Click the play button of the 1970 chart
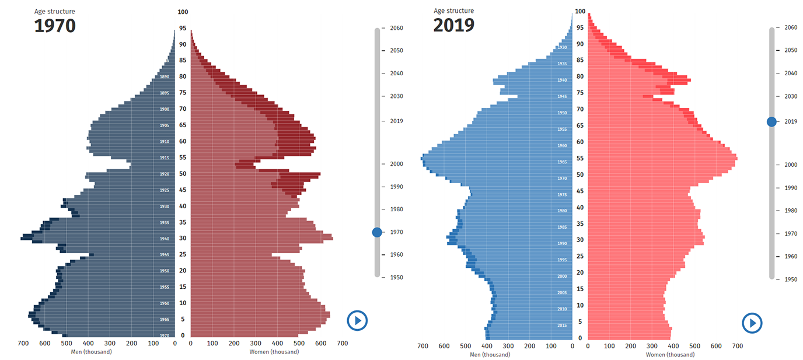tap(357, 320)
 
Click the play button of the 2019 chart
tap(752, 323)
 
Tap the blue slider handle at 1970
tap(377, 232)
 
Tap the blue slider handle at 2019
tap(771, 121)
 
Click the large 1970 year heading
tap(55, 26)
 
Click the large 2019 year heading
tap(453, 26)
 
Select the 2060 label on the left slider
tap(397, 28)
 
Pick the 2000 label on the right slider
tap(791, 165)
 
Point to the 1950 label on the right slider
tap(791, 279)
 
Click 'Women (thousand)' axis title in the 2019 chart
tap(670, 355)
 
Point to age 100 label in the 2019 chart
tap(580, 11)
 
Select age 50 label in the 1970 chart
tap(183, 174)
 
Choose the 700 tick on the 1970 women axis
tap(342, 344)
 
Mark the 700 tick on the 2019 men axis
tap(423, 346)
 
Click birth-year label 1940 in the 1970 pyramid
tap(164, 239)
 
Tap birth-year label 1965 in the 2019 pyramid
tap(562, 162)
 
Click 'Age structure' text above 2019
tap(453, 11)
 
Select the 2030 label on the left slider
tap(397, 96)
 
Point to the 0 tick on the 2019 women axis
tap(588, 346)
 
